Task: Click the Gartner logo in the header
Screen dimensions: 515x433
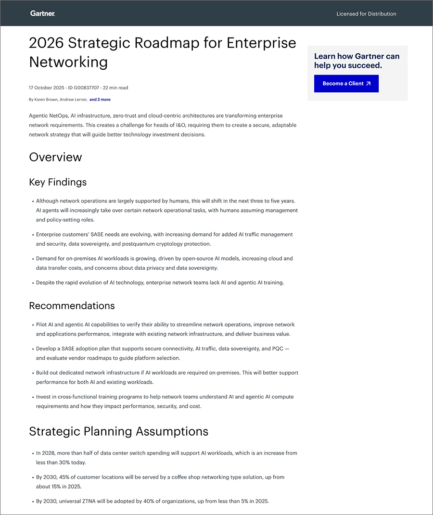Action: [42, 13]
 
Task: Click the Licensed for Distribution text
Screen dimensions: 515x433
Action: [366, 14]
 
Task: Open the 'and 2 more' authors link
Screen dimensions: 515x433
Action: [100, 100]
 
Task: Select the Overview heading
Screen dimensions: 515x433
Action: [55, 157]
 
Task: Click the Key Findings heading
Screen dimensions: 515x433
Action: [58, 182]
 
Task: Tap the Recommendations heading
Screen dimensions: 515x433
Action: [72, 306]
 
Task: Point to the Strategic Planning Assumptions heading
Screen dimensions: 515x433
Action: [118, 431]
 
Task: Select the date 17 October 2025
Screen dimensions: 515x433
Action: [47, 88]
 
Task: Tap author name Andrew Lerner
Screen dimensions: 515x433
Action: [73, 100]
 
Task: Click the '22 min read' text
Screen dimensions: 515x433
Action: [115, 88]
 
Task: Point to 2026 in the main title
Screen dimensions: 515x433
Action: [46, 43]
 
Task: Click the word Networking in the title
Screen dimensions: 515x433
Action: [68, 62]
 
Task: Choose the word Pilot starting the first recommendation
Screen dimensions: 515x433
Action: [42, 325]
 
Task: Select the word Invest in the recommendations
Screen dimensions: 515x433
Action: [44, 397]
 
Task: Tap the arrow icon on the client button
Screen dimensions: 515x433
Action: [369, 84]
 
